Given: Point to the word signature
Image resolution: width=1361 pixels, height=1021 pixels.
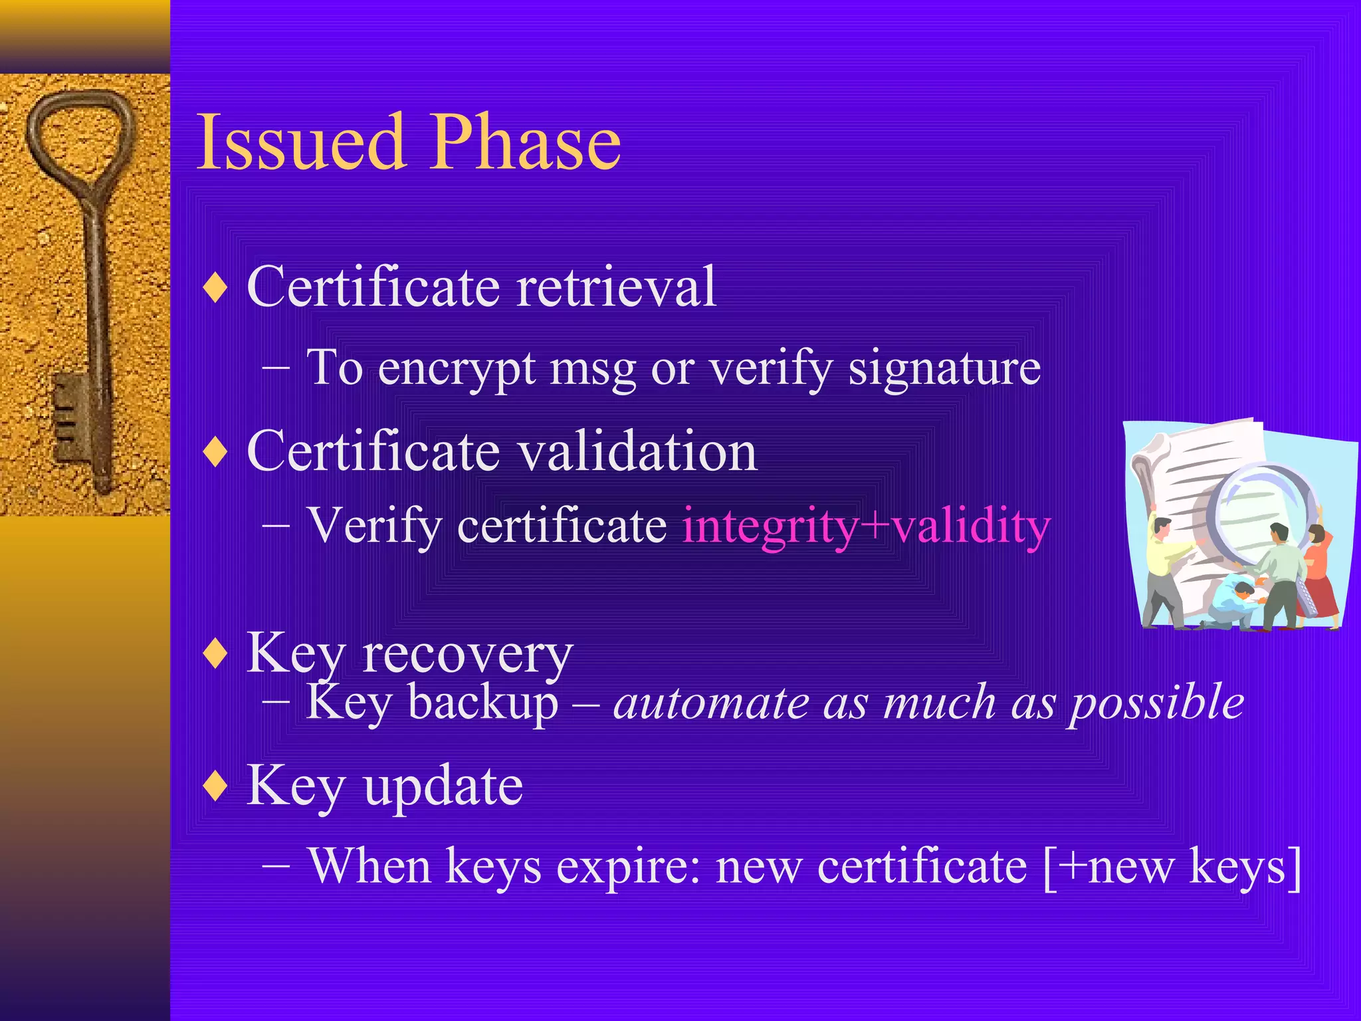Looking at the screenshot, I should coord(944,368).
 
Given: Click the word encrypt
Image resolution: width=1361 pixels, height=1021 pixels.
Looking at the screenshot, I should coord(457,370).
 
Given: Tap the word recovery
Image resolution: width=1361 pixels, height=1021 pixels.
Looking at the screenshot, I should coord(467,654).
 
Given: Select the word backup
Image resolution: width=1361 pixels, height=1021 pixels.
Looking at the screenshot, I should coord(483,703).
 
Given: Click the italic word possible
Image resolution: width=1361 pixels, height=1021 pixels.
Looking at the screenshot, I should coord(1156,703).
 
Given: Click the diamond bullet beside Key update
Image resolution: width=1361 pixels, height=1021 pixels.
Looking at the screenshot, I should coord(216,786).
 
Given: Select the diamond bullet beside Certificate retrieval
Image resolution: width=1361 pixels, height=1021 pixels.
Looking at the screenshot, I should coord(216,288).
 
